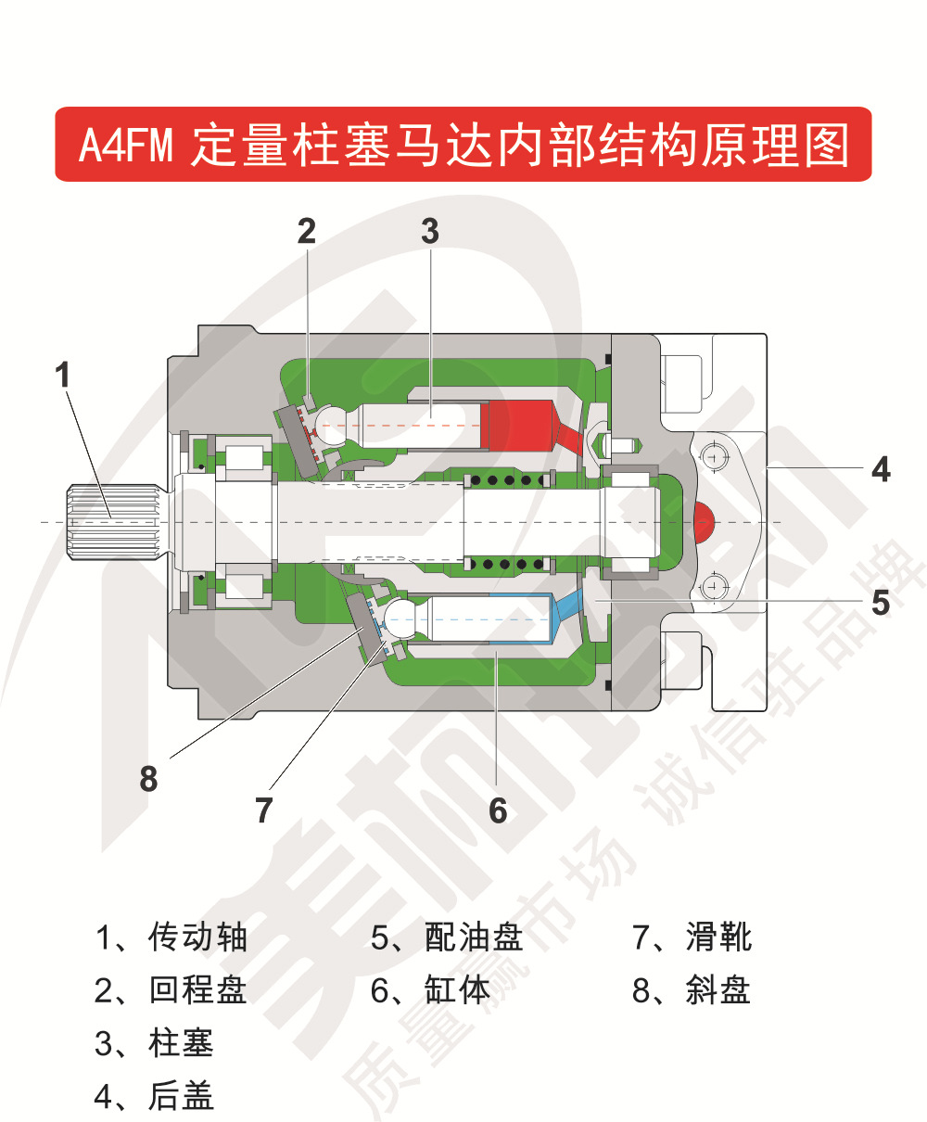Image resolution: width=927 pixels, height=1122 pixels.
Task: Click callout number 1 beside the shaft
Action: (62, 376)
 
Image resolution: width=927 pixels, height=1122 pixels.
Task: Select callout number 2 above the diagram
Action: (306, 231)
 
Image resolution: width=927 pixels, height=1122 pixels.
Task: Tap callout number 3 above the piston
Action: (429, 231)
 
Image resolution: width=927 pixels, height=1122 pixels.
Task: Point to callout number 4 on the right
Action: (880, 469)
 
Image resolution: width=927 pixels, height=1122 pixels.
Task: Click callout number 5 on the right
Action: (880, 602)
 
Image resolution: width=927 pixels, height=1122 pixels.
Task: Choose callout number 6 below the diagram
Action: (498, 810)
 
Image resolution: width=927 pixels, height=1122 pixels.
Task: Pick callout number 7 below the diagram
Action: (264, 810)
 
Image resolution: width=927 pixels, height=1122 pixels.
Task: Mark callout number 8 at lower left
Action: (148, 779)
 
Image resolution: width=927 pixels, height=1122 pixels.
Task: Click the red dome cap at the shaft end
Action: (704, 523)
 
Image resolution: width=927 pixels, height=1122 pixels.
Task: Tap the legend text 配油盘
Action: (474, 937)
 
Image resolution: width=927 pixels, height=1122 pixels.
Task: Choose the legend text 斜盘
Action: (717, 990)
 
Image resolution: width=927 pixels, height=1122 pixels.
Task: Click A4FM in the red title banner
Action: (125, 146)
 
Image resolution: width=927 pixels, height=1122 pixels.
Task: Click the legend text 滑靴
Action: (718, 937)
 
